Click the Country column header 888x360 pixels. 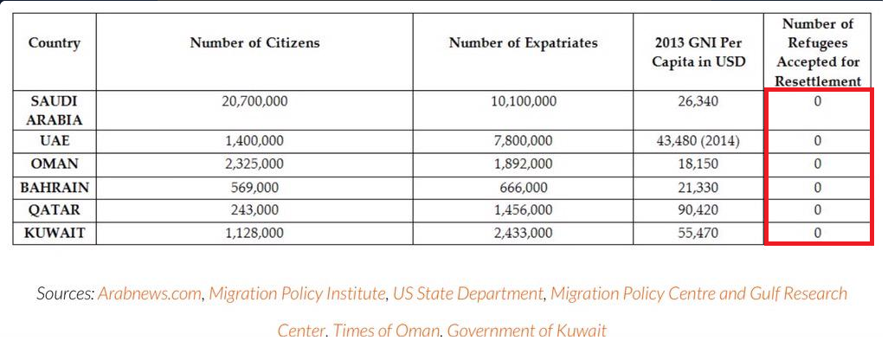[55, 43]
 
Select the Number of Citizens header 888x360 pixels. [254, 43]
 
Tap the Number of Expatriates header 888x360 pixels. [524, 43]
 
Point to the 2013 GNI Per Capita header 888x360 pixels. [698, 53]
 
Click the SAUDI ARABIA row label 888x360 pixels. [55, 111]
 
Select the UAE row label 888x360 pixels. [55, 141]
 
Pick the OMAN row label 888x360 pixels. [55, 164]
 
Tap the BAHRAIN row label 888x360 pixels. [55, 188]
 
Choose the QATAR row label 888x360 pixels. [55, 210]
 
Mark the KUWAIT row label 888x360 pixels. [55, 233]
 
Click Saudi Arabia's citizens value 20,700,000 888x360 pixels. [254, 102]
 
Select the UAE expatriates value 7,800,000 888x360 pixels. [524, 141]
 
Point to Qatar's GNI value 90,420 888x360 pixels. [698, 210]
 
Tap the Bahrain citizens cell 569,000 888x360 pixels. [254, 188]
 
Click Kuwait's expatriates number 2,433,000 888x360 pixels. [524, 233]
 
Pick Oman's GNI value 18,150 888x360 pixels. [698, 164]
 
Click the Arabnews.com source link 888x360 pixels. [150, 293]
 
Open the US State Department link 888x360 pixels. [467, 293]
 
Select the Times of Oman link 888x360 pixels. [386, 330]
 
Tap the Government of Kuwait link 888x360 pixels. [527, 330]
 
